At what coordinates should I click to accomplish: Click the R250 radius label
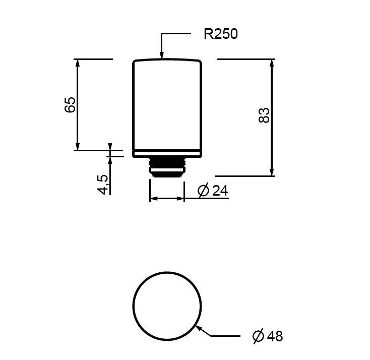(x=221, y=34)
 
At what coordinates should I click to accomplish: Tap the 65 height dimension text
(x=70, y=104)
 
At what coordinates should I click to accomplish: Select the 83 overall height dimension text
(x=264, y=115)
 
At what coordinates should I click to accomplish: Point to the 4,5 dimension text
(x=103, y=185)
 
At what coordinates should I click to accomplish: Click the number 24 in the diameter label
(x=220, y=191)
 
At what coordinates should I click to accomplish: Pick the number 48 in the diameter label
(x=275, y=336)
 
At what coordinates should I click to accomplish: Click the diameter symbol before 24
(x=204, y=191)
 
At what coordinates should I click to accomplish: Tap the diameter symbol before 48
(x=258, y=336)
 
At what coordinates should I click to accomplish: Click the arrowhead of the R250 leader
(x=162, y=55)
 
